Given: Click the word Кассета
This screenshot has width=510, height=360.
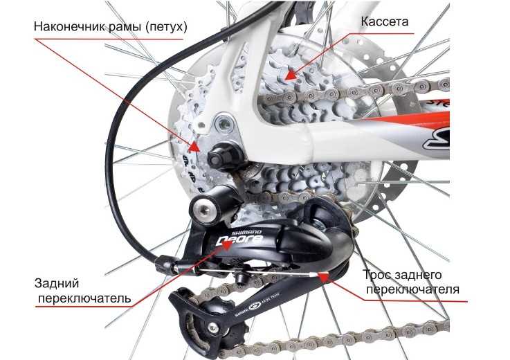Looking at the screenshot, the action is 385,21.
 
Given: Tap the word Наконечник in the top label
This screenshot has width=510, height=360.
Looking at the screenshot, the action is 70,26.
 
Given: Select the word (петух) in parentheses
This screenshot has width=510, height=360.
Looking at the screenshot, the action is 166,27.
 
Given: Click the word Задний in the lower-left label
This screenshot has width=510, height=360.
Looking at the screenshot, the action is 57,284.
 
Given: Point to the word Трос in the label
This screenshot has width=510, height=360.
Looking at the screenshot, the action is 376,275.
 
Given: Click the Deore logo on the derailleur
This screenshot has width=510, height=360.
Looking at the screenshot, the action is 239,240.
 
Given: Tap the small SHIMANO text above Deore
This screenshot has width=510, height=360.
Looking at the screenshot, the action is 246,233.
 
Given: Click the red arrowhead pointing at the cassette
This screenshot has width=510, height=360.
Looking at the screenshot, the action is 291,75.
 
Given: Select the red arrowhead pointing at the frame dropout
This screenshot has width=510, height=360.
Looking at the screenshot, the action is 194,147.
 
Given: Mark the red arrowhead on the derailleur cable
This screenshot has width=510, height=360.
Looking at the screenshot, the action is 323,277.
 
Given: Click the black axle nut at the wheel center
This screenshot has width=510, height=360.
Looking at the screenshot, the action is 222,158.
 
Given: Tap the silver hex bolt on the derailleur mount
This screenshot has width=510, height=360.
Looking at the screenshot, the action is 204,209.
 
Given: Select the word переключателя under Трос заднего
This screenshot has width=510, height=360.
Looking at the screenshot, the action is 412,289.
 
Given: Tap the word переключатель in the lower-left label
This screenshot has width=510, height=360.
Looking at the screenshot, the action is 84,298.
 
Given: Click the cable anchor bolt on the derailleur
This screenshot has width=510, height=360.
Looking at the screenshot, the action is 242,278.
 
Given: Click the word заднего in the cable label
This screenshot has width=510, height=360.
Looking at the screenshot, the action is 418,275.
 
